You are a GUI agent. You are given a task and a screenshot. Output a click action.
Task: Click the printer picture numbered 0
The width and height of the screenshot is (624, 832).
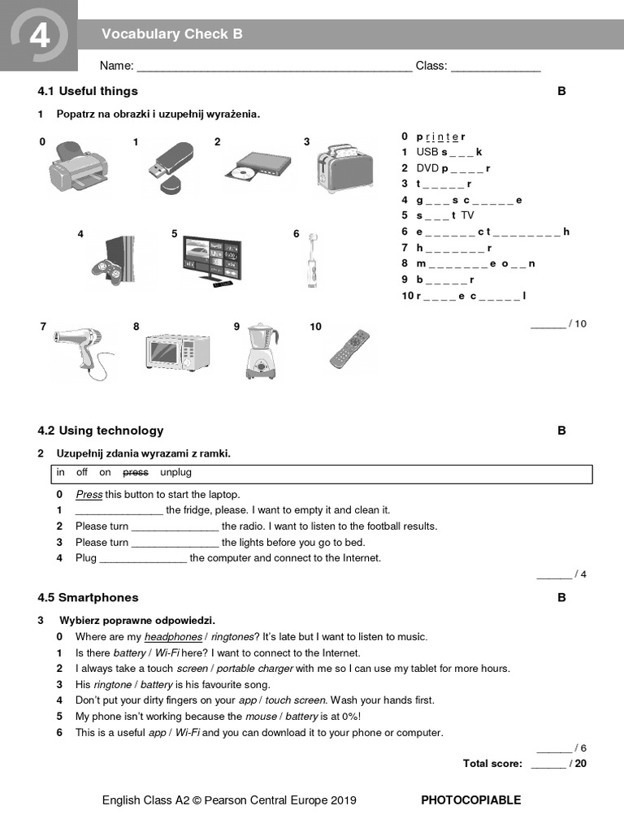[x=78, y=168]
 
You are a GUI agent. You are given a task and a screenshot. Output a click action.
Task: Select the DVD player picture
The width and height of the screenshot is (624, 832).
[x=258, y=164]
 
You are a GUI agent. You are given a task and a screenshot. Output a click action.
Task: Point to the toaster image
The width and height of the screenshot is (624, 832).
[x=344, y=167]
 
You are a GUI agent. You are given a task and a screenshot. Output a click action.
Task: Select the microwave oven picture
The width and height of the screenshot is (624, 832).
[x=177, y=353]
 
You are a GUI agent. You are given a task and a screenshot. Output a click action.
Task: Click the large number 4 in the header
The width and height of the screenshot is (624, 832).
[x=38, y=37]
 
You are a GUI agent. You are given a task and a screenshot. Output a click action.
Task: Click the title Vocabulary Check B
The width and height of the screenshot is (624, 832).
[x=172, y=34]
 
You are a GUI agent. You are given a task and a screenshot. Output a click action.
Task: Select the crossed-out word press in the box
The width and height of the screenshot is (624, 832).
[x=136, y=472]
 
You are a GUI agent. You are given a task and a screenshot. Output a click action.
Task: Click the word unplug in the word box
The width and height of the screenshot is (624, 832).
[x=175, y=472]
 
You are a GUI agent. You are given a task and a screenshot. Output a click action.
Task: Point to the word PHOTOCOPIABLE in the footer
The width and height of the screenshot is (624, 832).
[x=470, y=800]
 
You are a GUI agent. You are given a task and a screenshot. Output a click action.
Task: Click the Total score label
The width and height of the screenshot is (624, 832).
[x=492, y=763]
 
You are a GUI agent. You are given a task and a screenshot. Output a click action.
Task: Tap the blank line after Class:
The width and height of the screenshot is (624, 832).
[x=496, y=67]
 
